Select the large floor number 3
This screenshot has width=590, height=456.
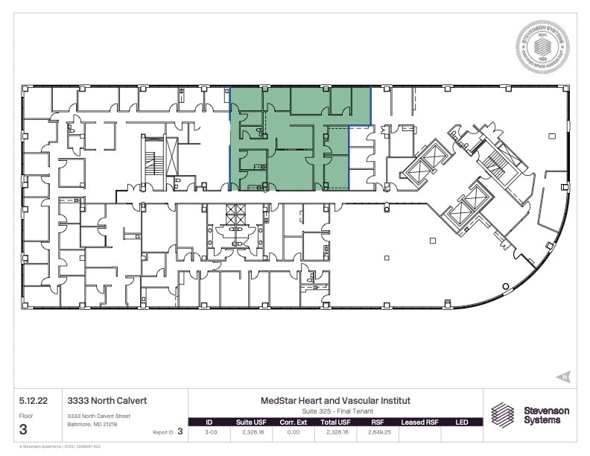tap(24, 429)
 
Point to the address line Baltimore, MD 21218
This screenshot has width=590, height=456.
tap(92, 424)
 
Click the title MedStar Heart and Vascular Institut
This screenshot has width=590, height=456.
tap(335, 400)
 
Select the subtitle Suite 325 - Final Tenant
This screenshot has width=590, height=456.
tap(335, 411)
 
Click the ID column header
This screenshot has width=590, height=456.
tap(209, 422)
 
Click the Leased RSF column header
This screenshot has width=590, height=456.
tap(419, 422)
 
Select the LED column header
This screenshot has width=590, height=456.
tap(461, 422)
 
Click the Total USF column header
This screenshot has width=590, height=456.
tap(334, 422)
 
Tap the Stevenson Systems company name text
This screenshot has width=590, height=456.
tap(545, 415)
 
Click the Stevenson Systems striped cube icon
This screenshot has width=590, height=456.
tap(503, 415)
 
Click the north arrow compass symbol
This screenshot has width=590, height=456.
tap(563, 376)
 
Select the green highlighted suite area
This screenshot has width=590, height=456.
tap(298, 142)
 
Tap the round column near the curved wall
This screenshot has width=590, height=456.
tap(506, 286)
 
